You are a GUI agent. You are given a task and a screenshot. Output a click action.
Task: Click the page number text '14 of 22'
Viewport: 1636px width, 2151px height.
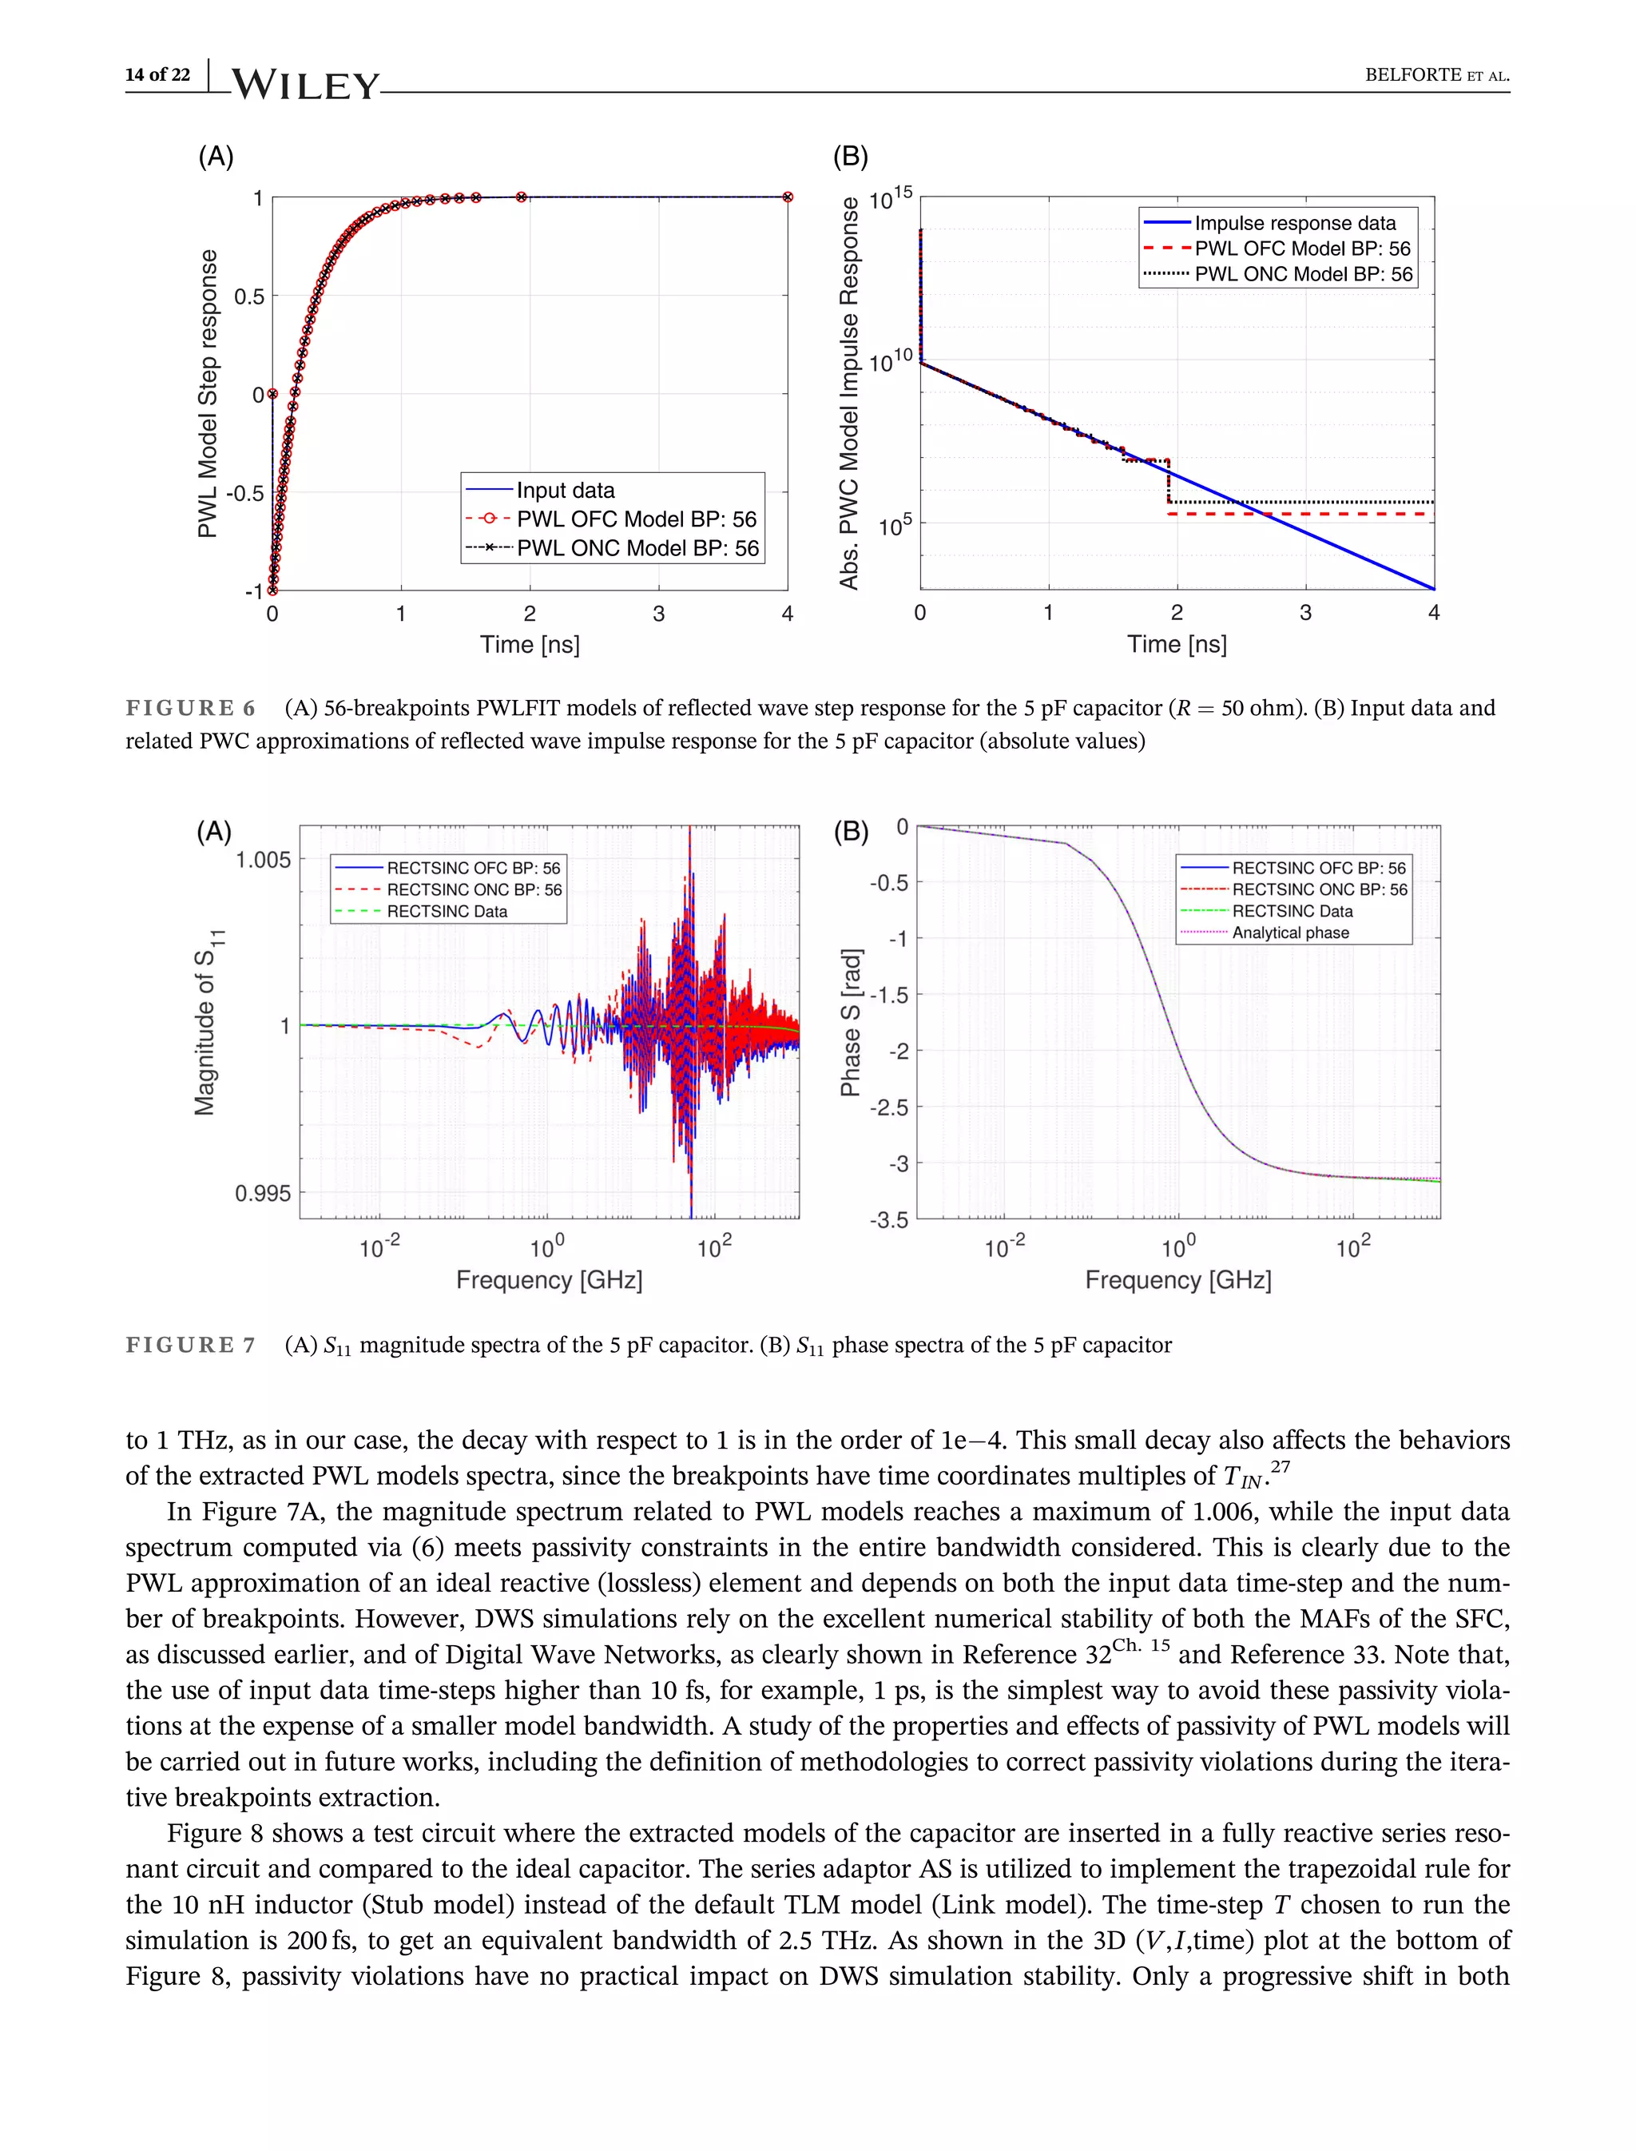pyautogui.click(x=157, y=75)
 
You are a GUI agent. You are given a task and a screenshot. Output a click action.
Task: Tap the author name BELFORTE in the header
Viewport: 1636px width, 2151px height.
pyautogui.click(x=1413, y=75)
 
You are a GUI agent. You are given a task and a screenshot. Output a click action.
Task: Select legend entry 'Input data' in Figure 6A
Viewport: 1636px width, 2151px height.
pyautogui.click(x=565, y=490)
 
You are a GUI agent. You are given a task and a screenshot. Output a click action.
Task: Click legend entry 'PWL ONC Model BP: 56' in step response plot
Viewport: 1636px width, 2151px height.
pyautogui.click(x=637, y=548)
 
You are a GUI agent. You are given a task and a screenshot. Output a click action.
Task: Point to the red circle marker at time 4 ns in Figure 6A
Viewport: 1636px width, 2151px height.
pyautogui.click(x=788, y=197)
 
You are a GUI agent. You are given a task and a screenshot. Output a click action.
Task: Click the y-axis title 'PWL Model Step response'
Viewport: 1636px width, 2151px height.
pyautogui.click(x=208, y=394)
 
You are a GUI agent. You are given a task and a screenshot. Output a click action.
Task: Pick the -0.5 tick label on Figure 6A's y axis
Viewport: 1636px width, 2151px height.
pyautogui.click(x=245, y=493)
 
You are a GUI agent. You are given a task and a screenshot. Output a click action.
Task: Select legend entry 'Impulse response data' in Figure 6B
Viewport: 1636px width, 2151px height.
pyautogui.click(x=1295, y=223)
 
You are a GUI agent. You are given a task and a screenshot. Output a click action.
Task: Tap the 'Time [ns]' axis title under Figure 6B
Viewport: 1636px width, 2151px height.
pyautogui.click(x=1177, y=644)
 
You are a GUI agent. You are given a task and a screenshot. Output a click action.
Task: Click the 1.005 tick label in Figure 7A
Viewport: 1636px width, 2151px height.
pyautogui.click(x=263, y=861)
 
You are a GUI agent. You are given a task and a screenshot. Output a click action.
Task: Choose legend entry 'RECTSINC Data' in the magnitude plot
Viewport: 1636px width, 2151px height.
pyautogui.click(x=447, y=912)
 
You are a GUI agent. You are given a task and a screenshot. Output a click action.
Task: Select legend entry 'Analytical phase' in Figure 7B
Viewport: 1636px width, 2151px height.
pyautogui.click(x=1290, y=933)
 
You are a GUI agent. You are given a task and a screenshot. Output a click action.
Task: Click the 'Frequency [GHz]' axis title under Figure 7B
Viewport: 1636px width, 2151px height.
pyautogui.click(x=1178, y=1280)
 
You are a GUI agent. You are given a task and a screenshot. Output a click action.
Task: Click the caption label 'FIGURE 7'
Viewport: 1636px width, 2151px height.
pyautogui.click(x=191, y=1346)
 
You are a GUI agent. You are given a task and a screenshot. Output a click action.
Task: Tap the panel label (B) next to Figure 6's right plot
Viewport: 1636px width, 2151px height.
pyautogui.click(x=850, y=157)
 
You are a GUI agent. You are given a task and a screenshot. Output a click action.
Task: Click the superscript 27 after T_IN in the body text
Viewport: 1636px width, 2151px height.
pyautogui.click(x=1281, y=1467)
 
